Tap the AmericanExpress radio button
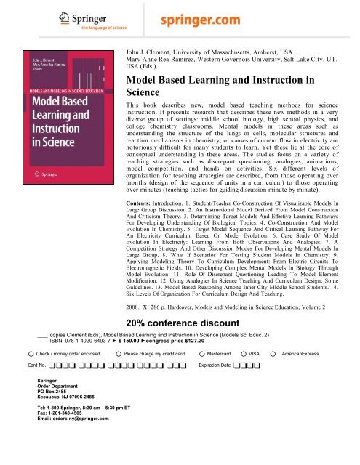(x=273, y=353)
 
